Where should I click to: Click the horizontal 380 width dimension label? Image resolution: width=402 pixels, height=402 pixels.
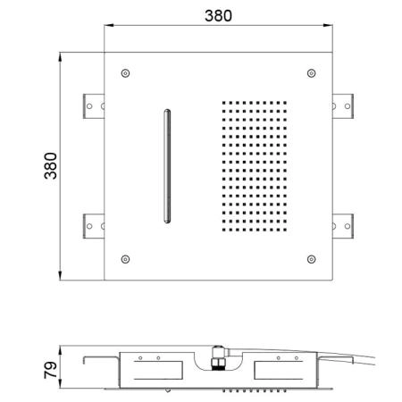point(218,16)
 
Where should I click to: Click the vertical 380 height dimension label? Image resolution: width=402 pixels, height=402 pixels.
point(51,166)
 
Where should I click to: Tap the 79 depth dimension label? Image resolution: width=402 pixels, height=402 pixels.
point(51,370)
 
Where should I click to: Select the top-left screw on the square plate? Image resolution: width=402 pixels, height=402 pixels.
point(125,73)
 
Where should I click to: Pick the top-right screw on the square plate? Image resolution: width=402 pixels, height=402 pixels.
point(312,73)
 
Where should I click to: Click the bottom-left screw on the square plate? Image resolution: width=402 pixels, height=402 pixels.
point(125,259)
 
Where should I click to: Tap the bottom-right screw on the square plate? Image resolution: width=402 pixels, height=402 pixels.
point(312,259)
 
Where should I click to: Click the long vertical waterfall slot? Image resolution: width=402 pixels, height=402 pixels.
point(167,166)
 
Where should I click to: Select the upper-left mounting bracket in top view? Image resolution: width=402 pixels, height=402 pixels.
point(94,106)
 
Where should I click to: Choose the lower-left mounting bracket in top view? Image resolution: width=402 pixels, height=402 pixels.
point(94,226)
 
